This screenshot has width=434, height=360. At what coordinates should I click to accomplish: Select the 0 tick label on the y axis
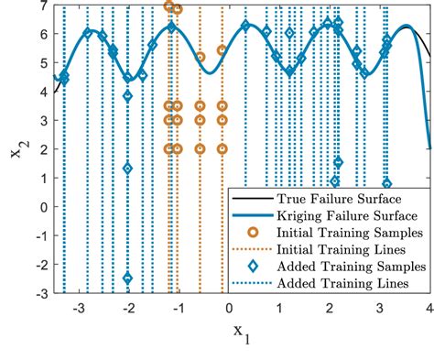[44, 207]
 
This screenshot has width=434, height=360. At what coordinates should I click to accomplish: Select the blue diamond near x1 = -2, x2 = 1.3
[127, 169]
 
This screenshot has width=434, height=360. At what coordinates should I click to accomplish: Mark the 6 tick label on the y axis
[44, 36]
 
